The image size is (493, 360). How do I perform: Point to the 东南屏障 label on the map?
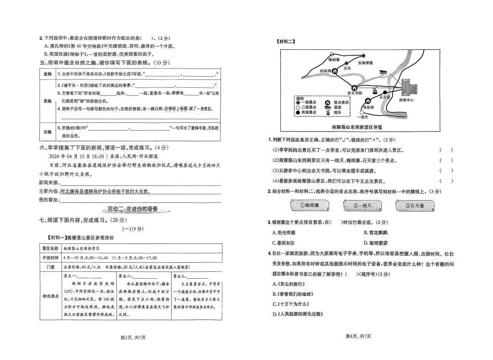365,63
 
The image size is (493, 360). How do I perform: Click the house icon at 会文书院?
354,87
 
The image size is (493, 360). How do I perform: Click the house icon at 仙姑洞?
335,71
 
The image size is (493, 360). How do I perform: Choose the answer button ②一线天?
362,206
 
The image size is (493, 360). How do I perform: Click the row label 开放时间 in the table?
50,257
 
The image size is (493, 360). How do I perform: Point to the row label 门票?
50,265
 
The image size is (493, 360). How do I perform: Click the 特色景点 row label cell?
50,296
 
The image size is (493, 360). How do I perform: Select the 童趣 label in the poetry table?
48,74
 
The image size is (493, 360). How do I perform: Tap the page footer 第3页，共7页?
132,337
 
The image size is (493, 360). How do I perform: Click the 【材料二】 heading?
286,41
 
